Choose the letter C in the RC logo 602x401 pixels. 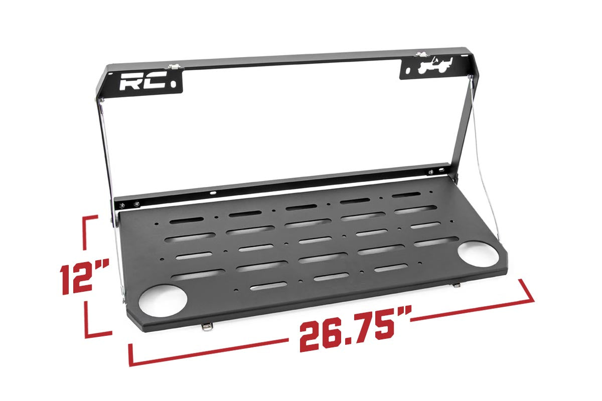[x=154, y=82]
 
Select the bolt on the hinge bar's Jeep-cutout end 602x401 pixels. [x=430, y=172]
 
